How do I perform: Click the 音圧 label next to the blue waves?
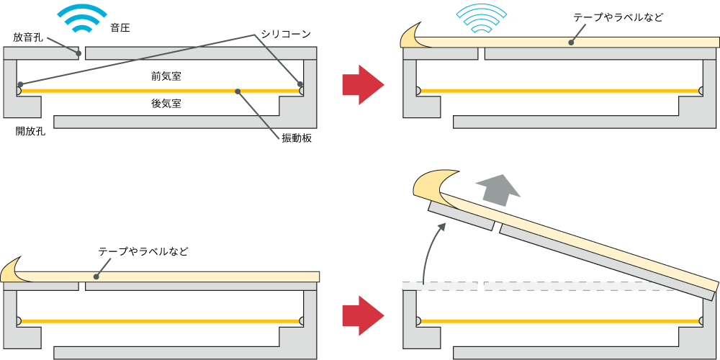coord(120,28)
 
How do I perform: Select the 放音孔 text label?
coord(27,37)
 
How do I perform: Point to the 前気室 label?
coord(166,76)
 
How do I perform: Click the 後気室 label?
coord(166,104)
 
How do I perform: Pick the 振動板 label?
coord(296,138)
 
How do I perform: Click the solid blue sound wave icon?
coord(83,18)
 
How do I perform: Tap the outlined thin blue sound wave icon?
coord(482,19)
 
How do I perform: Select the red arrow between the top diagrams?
coord(363,84)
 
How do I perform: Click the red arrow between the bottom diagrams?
coord(363,315)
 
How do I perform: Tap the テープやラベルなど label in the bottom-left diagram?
coord(143,251)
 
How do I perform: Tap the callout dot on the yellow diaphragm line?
coord(237,91)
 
